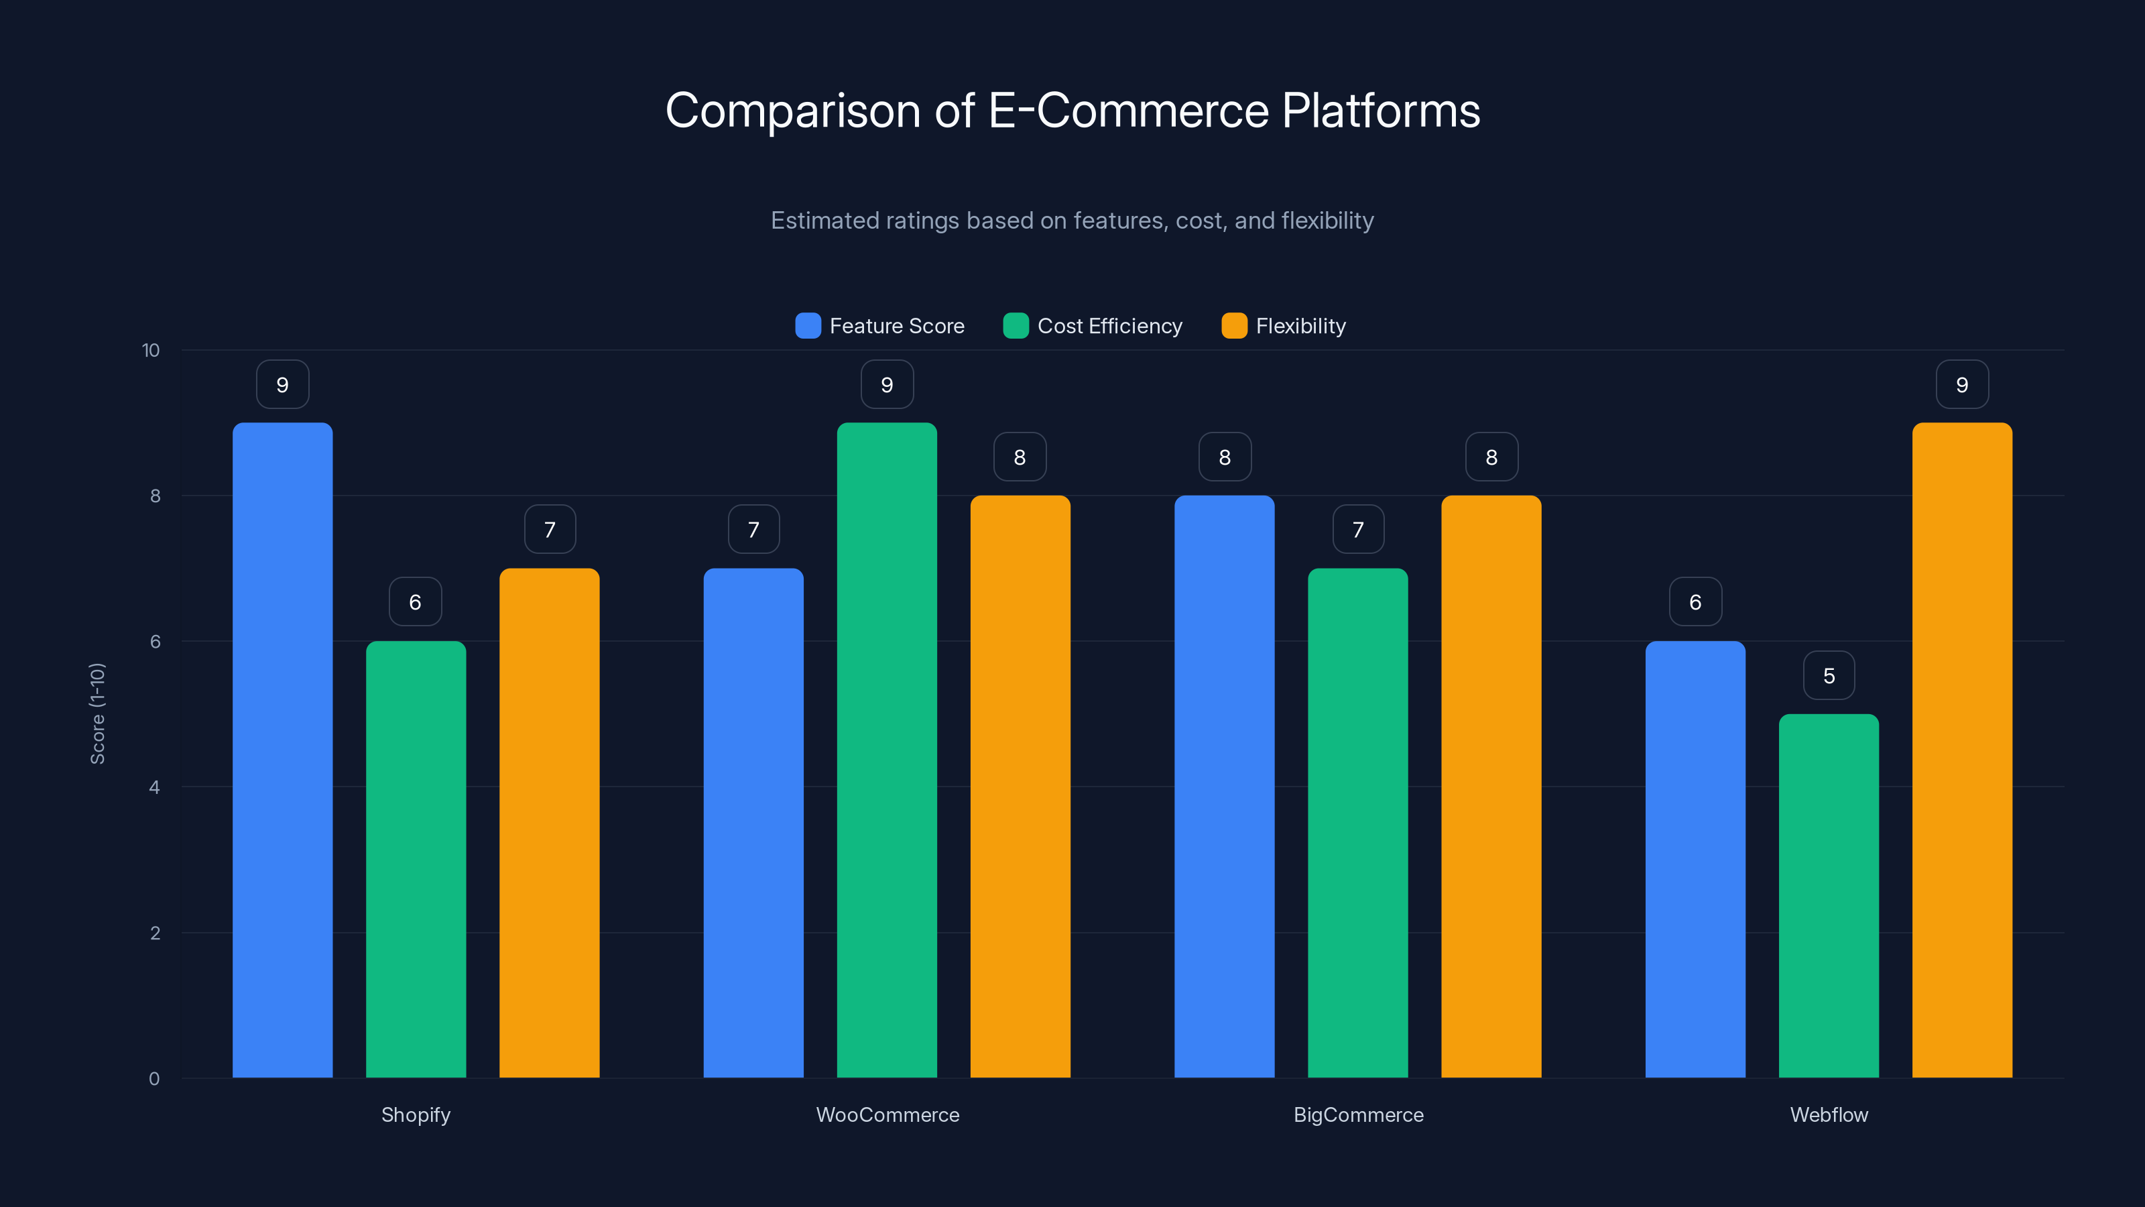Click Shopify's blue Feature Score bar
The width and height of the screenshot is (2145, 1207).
click(282, 750)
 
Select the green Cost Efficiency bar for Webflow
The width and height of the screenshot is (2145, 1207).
click(1829, 895)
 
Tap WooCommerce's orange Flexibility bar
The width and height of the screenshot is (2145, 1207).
click(1020, 787)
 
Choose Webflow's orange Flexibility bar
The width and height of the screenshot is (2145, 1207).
click(1962, 750)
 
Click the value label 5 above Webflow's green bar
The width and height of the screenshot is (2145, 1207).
click(1829, 675)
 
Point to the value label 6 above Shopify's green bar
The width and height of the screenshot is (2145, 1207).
click(416, 602)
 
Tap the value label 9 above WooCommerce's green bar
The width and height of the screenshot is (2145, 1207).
click(887, 385)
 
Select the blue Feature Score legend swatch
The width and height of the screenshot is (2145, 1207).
click(808, 326)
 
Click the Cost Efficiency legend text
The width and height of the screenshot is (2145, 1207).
click(1109, 326)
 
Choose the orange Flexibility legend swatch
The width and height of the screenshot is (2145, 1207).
click(1234, 326)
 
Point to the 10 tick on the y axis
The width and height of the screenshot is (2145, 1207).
click(151, 350)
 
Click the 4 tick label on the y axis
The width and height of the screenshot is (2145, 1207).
click(154, 787)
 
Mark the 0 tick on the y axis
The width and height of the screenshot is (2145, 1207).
click(154, 1079)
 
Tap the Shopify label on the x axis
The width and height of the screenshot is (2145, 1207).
click(416, 1114)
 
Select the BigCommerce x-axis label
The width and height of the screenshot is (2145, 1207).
click(1358, 1114)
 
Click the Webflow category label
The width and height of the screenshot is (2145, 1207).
click(1829, 1114)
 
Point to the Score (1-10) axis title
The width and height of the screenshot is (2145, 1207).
click(97, 713)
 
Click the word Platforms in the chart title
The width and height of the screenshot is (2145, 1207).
click(1381, 111)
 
